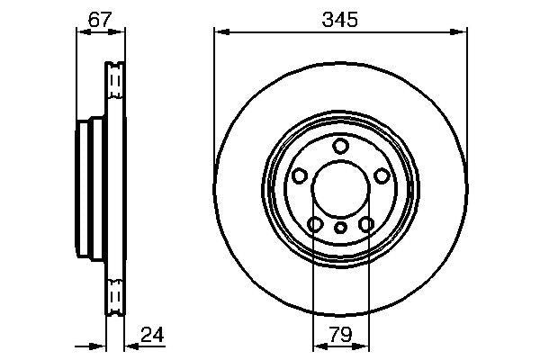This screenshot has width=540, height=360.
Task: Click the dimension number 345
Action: (340, 19)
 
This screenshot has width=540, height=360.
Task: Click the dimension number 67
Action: (98, 19)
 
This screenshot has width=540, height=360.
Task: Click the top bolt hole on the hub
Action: (340, 146)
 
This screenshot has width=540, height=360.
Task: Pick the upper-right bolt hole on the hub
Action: (382, 175)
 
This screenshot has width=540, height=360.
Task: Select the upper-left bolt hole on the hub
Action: (299, 175)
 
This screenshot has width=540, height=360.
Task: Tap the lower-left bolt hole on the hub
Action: (315, 224)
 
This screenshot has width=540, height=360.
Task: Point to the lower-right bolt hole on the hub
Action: (365, 224)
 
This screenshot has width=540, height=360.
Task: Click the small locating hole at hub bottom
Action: (340, 229)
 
